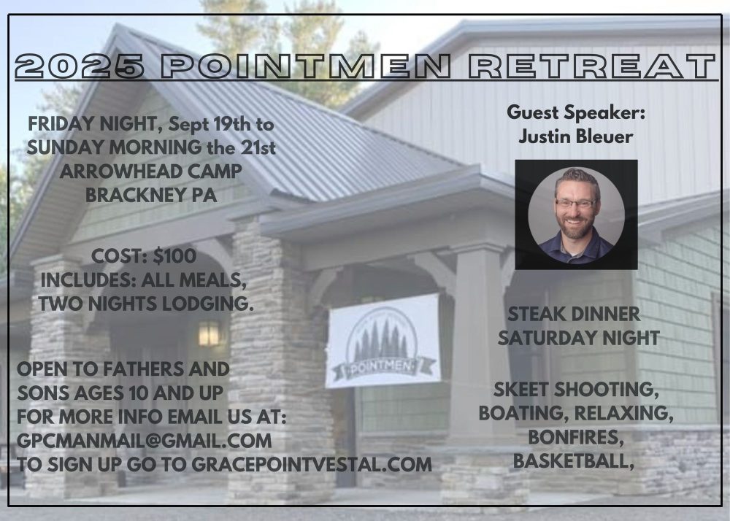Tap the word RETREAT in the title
(x=592, y=66)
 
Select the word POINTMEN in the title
(x=307, y=66)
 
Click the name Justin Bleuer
(x=575, y=136)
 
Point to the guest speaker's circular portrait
(x=577, y=215)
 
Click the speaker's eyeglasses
(x=575, y=203)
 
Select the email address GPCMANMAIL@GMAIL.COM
(x=145, y=441)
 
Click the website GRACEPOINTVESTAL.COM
(x=312, y=464)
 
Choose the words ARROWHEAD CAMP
(x=151, y=171)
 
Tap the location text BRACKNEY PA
(x=151, y=196)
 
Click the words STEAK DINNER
(x=574, y=314)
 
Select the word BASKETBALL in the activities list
(x=574, y=461)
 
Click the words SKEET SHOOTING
(x=577, y=390)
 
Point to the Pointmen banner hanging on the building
(x=383, y=341)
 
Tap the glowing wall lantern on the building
(x=209, y=333)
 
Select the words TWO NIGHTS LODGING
(x=146, y=304)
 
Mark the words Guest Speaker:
(x=576, y=112)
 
